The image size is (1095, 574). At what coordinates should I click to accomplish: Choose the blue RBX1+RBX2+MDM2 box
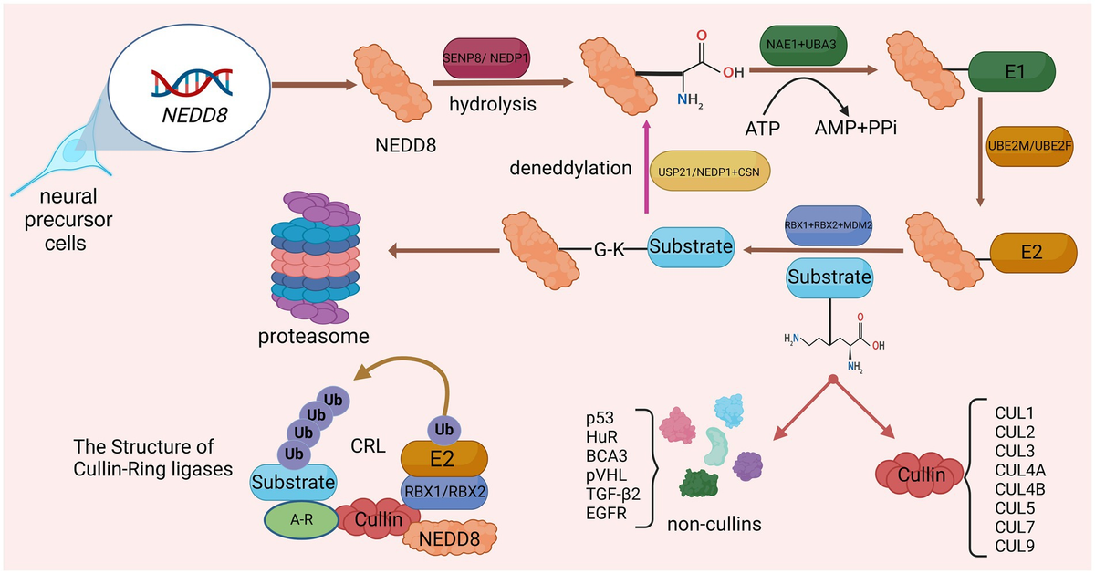click(829, 224)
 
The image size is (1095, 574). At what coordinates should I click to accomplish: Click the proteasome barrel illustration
click(310, 261)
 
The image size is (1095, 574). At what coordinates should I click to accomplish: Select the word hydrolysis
click(492, 104)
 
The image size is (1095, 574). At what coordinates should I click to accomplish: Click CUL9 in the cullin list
click(1015, 546)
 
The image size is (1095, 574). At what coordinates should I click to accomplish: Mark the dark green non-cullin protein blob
click(702, 482)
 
